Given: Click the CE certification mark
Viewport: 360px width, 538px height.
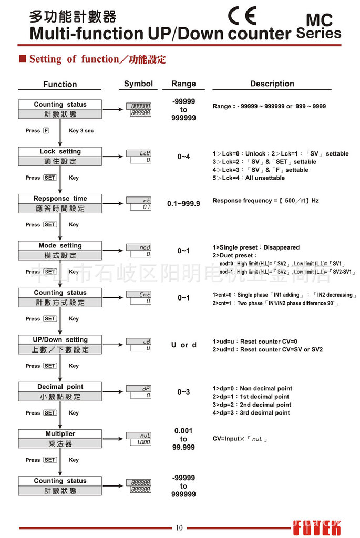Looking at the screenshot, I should coord(243,16).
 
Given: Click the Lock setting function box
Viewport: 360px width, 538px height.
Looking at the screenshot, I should coord(60,157).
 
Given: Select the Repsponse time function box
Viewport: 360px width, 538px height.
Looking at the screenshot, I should coord(60,203).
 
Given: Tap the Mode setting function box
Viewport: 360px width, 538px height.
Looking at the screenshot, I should coord(60,251).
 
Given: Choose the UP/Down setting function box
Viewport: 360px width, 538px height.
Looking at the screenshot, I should coord(60,345).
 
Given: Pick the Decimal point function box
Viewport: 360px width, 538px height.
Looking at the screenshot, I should coord(60,391).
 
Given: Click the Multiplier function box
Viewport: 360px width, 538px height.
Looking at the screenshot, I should coord(60,439).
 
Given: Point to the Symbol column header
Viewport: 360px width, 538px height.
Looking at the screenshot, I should coord(138,84).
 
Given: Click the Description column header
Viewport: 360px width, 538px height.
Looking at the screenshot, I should coord(272,84).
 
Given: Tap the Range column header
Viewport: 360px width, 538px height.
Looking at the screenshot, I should coord(183,84).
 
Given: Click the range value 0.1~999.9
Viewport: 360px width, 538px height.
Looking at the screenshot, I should coord(183,203).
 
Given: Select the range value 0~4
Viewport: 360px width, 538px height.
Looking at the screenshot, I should coord(183,157).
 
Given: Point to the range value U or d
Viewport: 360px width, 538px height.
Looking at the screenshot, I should coord(183,345).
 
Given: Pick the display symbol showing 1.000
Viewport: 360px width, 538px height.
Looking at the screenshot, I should coord(139,442).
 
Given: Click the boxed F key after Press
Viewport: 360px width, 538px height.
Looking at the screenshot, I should coord(46,131).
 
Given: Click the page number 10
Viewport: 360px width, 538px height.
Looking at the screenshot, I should coord(179,528).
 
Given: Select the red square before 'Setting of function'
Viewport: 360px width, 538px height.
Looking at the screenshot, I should coord(23,59).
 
